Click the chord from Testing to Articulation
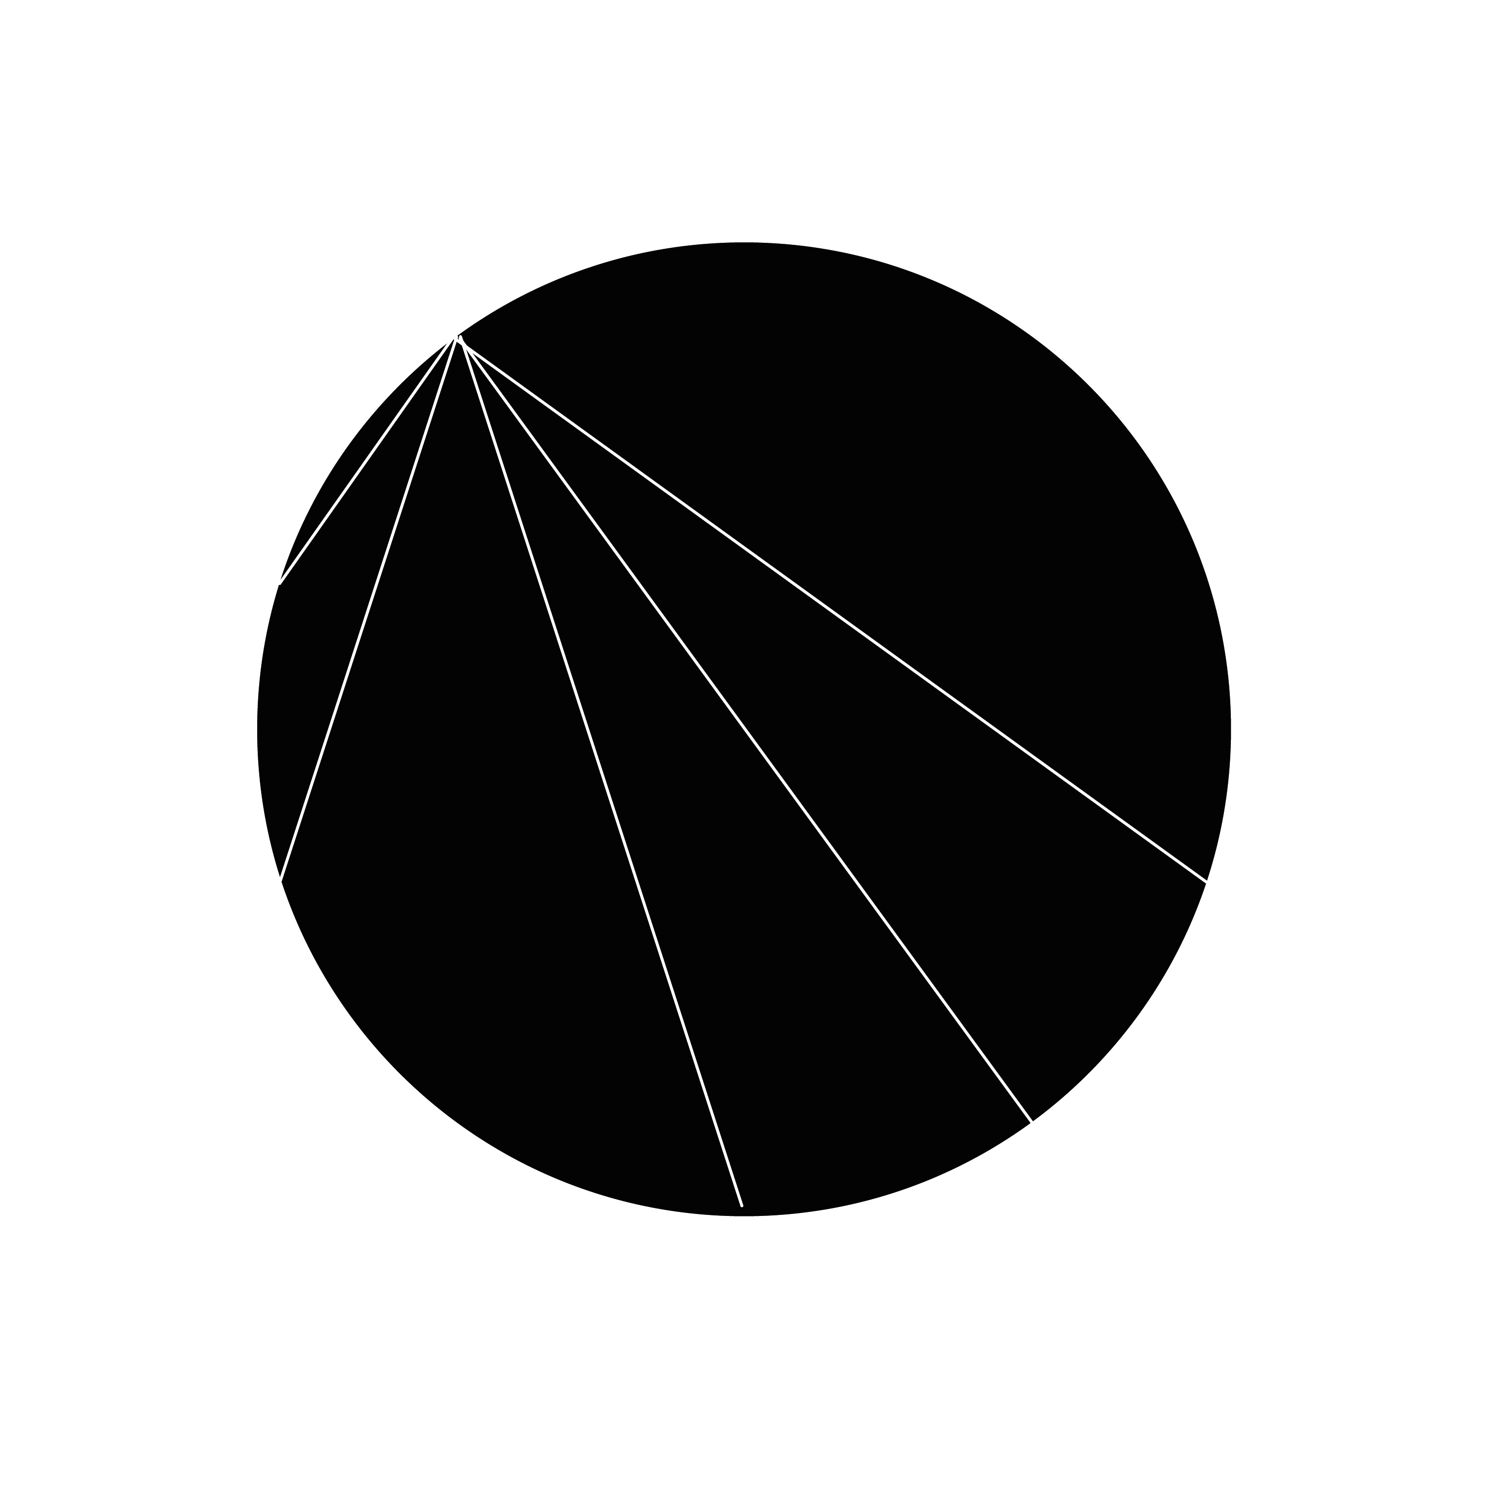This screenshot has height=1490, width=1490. (x=367, y=460)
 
